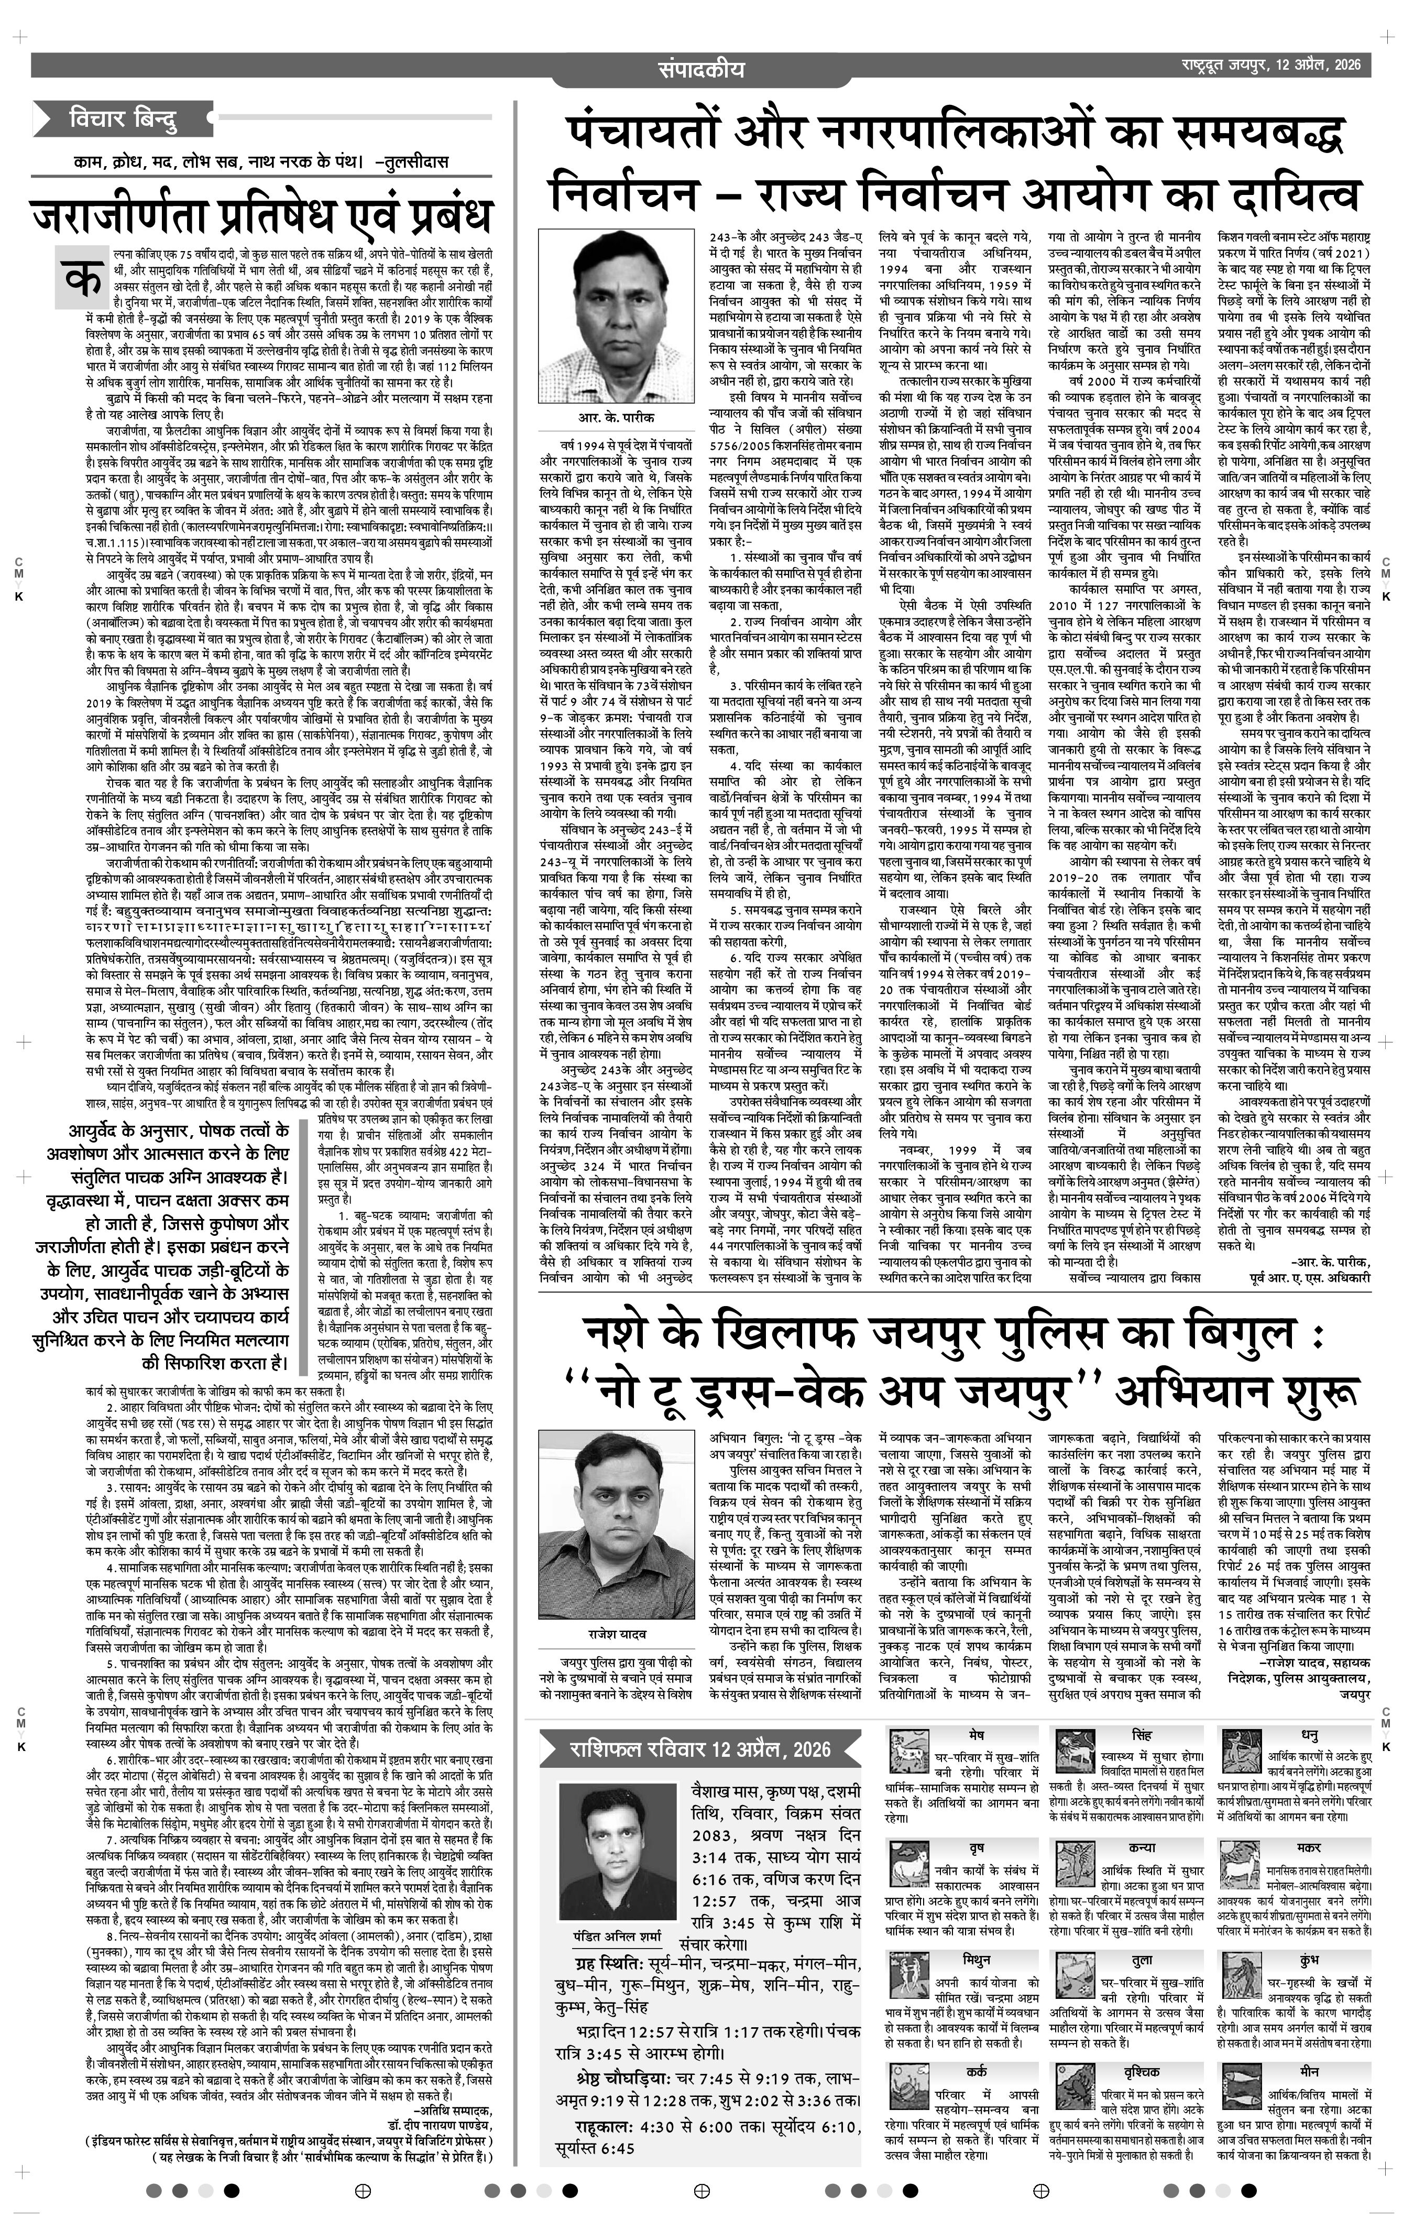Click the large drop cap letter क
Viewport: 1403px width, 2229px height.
pos(81,275)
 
